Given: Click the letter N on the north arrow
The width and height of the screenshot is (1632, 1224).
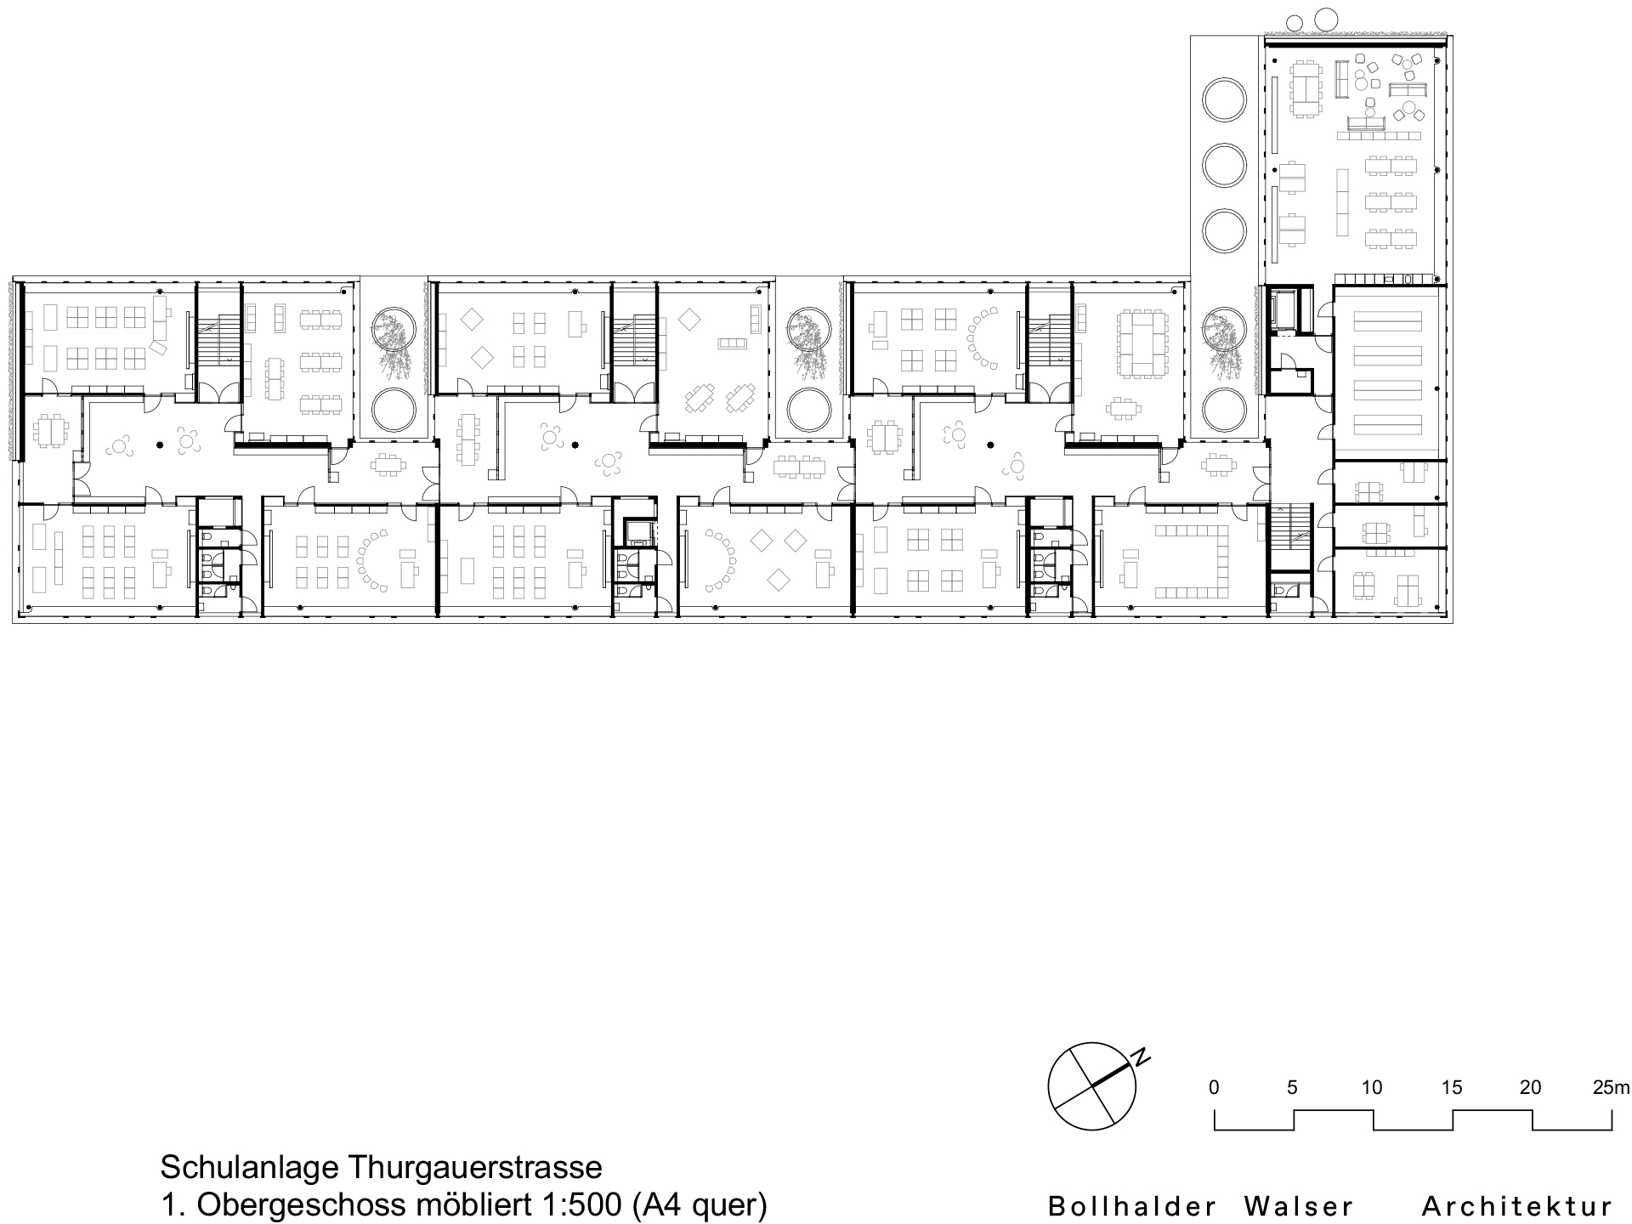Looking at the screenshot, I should point(1143,1057).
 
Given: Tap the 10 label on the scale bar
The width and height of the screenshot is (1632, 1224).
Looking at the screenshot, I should point(1371,1087).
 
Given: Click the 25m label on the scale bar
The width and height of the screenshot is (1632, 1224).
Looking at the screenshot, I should point(1611,1087).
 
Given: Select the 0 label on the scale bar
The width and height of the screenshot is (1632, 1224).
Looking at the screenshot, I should point(1214,1087).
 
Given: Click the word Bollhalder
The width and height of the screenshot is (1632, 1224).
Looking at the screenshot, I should point(1131,1206).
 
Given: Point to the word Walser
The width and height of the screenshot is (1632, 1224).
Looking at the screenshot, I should point(1299,1206).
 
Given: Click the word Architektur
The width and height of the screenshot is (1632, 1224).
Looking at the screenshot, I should point(1516,1206).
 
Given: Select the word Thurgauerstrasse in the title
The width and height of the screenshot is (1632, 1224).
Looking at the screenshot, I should point(475,1167).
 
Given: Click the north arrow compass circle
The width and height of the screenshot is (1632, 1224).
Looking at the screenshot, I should point(1091,1086).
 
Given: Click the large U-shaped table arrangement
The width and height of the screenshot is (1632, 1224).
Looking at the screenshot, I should point(1193,561).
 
